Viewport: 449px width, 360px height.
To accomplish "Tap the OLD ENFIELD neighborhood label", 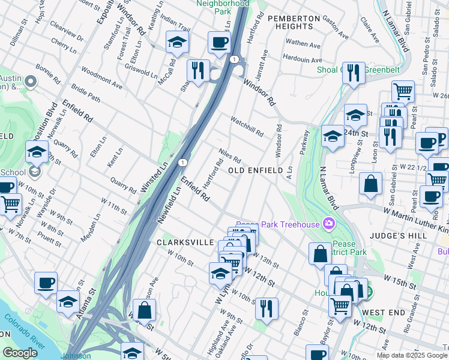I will tap(256, 171).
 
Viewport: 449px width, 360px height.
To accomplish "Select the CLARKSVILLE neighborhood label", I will tap(185, 242).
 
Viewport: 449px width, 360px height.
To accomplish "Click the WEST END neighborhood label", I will tap(384, 313).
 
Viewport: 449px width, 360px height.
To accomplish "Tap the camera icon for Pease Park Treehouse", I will tap(328, 224).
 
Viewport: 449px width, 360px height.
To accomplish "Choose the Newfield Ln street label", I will tap(170, 205).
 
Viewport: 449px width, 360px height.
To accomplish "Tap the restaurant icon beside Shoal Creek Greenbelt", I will tap(354, 73).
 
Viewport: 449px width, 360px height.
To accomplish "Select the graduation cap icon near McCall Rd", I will tap(177, 42).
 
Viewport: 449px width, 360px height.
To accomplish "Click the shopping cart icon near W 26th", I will tap(403, 91).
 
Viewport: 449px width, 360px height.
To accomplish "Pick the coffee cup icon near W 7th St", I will tap(46, 283).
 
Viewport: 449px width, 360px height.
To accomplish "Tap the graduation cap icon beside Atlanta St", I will tap(68, 301).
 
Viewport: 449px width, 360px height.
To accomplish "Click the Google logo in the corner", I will tap(20, 353).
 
